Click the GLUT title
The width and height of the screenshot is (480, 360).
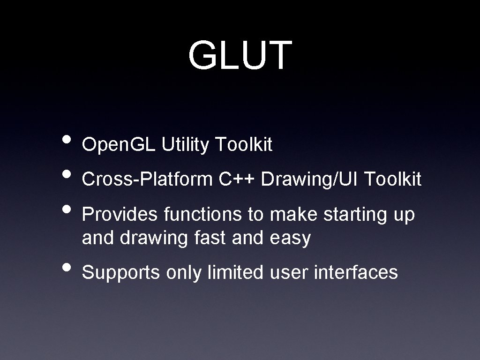pyautogui.click(x=240, y=56)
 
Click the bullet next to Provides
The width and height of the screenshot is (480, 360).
pyautogui.click(x=67, y=209)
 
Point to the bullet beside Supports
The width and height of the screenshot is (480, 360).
pyautogui.click(x=67, y=267)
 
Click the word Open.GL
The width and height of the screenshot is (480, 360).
pyautogui.click(x=119, y=146)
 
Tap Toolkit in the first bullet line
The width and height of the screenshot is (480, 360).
pyautogui.click(x=243, y=145)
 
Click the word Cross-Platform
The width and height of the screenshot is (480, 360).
pyautogui.click(x=147, y=180)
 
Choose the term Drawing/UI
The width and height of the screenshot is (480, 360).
pyautogui.click(x=310, y=180)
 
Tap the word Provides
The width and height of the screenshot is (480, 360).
pyautogui.click(x=120, y=215)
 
